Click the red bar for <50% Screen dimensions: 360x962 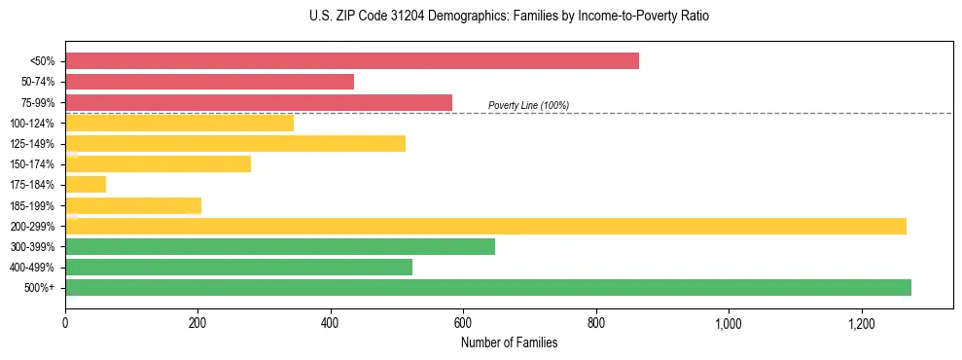[352, 61]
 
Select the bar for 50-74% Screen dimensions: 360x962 [209, 82]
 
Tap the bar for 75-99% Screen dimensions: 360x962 [259, 102]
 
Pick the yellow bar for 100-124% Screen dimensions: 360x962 [179, 123]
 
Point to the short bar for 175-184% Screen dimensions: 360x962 [86, 185]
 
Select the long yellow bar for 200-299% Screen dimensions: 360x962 [485, 226]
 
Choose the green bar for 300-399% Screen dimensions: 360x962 [280, 246]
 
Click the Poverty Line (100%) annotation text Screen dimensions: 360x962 [528, 105]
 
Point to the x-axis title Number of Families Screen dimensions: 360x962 [509, 343]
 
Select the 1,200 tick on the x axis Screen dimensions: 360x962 [862, 324]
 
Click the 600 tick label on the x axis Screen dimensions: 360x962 [463, 324]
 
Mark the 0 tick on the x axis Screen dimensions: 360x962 [65, 324]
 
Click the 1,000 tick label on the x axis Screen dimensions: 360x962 [729, 324]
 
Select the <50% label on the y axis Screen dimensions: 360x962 [43, 61]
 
